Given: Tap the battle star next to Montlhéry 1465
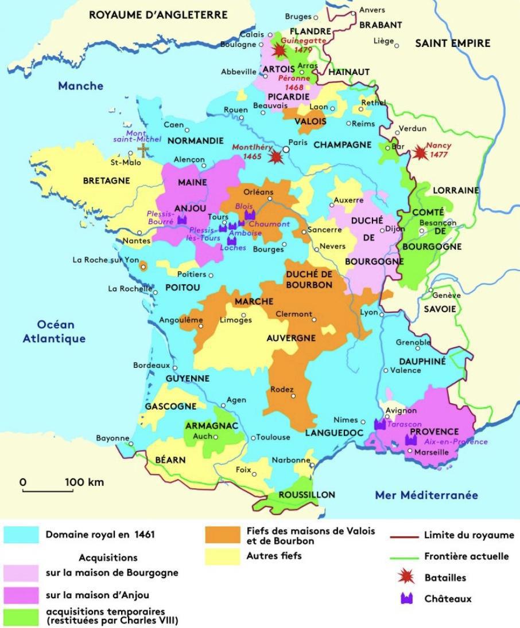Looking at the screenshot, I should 277,156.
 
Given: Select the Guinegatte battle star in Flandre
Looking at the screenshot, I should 280,51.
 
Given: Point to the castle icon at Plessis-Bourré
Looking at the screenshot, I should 182,219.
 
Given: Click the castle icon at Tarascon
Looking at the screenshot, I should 379,424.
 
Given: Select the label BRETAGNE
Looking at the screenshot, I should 106,180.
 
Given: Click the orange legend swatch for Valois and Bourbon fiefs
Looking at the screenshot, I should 222,535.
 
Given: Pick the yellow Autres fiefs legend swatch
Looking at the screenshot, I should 222,555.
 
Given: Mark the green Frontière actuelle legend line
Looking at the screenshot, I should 403,556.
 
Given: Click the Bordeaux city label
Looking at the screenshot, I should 151,365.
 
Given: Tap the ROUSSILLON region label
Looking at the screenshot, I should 306,494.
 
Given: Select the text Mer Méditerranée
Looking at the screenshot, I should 426,495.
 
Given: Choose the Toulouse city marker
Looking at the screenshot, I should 253,437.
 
